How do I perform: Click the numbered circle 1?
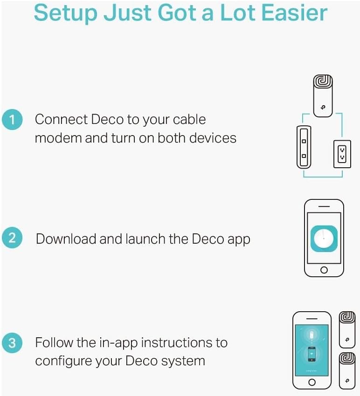12,119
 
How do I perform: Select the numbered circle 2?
12,238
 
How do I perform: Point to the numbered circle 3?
12,343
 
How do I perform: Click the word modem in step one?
58,138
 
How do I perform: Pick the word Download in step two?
66,239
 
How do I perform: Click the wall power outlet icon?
342,154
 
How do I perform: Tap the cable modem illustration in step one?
304,147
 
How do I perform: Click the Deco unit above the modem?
323,96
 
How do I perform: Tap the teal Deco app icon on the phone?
324,239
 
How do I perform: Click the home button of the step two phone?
324,270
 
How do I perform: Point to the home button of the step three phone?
312,382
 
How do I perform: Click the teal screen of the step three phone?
312,350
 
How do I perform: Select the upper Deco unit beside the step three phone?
347,329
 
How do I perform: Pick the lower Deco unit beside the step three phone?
347,370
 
